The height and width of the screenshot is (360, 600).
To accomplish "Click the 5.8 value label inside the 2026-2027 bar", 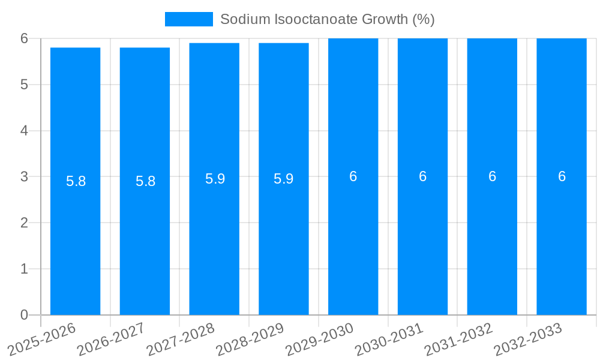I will coord(145,181).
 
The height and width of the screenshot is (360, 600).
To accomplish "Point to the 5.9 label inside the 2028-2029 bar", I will coord(284,179).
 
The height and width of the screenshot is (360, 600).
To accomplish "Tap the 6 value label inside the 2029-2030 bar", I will coord(353,176).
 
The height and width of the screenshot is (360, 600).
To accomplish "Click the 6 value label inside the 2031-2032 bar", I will coord(492,176).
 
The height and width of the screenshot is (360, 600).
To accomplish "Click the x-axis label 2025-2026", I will coord(43,339).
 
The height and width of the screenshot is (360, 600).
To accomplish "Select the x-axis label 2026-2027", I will coord(112,339).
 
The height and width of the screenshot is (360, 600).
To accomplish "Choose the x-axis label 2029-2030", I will coord(320,339).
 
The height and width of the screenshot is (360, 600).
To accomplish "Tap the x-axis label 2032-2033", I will coord(529,339).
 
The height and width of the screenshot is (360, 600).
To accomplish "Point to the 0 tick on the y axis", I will coord(25,315).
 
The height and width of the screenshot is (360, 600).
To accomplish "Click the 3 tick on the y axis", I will coord(25,176).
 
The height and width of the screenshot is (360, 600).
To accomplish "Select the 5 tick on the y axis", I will coord(25,85).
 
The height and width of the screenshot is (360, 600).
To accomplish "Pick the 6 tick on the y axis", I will coord(25,38).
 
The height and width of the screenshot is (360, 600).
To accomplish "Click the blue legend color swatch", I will coord(188,19).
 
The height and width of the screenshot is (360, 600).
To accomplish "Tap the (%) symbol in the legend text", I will coord(423,19).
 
